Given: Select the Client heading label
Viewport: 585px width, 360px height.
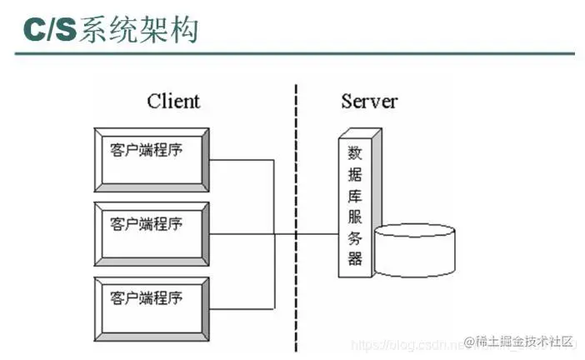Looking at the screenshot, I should click(173, 102).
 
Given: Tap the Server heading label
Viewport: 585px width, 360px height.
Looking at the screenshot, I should click(369, 102).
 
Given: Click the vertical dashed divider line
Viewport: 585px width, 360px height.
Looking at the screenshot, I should click(296, 208).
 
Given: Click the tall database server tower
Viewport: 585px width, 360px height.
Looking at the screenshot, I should click(357, 204).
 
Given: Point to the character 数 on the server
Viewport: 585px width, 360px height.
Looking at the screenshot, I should click(355, 153).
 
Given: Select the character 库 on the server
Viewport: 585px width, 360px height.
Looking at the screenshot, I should click(355, 197).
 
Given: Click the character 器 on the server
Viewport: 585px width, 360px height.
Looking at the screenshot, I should click(355, 259).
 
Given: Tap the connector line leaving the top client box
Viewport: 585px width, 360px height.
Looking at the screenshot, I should click(242, 161).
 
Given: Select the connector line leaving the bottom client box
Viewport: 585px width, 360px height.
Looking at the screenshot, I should click(242, 307).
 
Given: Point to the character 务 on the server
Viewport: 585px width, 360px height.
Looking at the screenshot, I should click(355, 238).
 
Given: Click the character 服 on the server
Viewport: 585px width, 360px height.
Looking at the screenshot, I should click(355, 217).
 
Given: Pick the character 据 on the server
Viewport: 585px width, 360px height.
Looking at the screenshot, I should click(355, 175).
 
